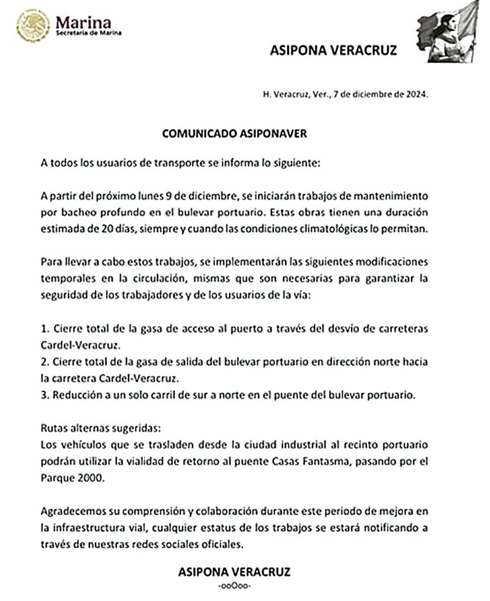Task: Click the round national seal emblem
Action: [33, 25]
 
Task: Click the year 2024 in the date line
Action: [413, 95]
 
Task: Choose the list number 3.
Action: [44, 395]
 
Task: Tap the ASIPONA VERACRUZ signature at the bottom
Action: [234, 572]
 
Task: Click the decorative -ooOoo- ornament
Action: [234, 587]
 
